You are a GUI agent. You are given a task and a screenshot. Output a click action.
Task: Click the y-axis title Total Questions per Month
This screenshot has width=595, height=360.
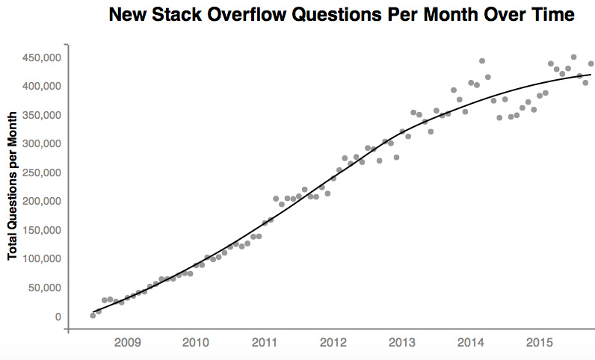point(13,186)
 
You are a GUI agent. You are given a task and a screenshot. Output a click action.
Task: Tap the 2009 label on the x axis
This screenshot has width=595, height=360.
point(127,343)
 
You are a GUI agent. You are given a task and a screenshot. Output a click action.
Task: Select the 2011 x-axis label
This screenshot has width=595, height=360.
point(265,343)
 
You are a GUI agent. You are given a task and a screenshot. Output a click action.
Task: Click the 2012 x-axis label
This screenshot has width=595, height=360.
point(333,343)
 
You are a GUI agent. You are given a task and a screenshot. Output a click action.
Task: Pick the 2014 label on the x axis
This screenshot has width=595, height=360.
point(471,343)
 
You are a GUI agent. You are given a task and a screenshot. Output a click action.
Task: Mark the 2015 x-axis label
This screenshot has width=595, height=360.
point(540,343)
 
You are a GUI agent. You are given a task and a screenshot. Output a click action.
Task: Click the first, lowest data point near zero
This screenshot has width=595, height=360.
point(93,315)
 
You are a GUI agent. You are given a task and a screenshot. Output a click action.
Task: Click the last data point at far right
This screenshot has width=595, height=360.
point(591,63)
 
